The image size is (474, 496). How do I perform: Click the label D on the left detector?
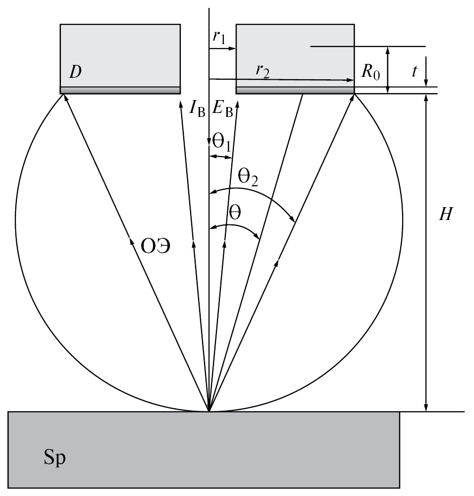75,72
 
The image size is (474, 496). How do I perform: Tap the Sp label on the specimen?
54,458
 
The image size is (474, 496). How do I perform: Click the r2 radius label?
263,69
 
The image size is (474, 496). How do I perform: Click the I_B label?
197,109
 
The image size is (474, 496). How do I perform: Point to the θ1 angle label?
221,144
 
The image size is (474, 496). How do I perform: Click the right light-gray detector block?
295,55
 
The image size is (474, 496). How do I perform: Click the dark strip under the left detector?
120,90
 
